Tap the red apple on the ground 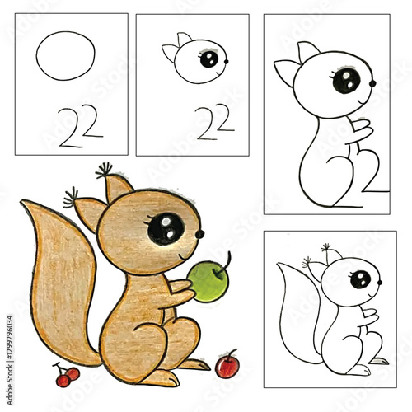227,365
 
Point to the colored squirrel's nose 199,234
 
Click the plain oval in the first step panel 67,55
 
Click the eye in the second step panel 209,59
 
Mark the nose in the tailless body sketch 372,83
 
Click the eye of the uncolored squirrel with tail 360,279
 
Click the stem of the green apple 223,262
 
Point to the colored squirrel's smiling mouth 185,252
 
